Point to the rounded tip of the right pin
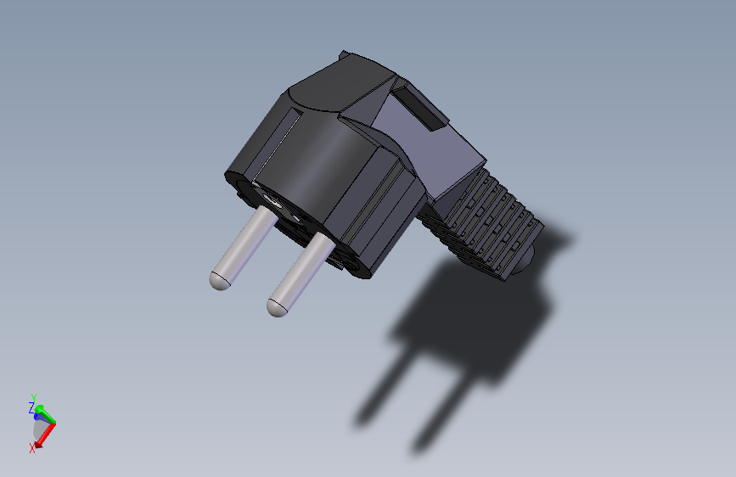pos(278,306)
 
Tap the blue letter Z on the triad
pos(31,408)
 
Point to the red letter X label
pos(32,448)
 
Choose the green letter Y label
pos(33,397)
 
